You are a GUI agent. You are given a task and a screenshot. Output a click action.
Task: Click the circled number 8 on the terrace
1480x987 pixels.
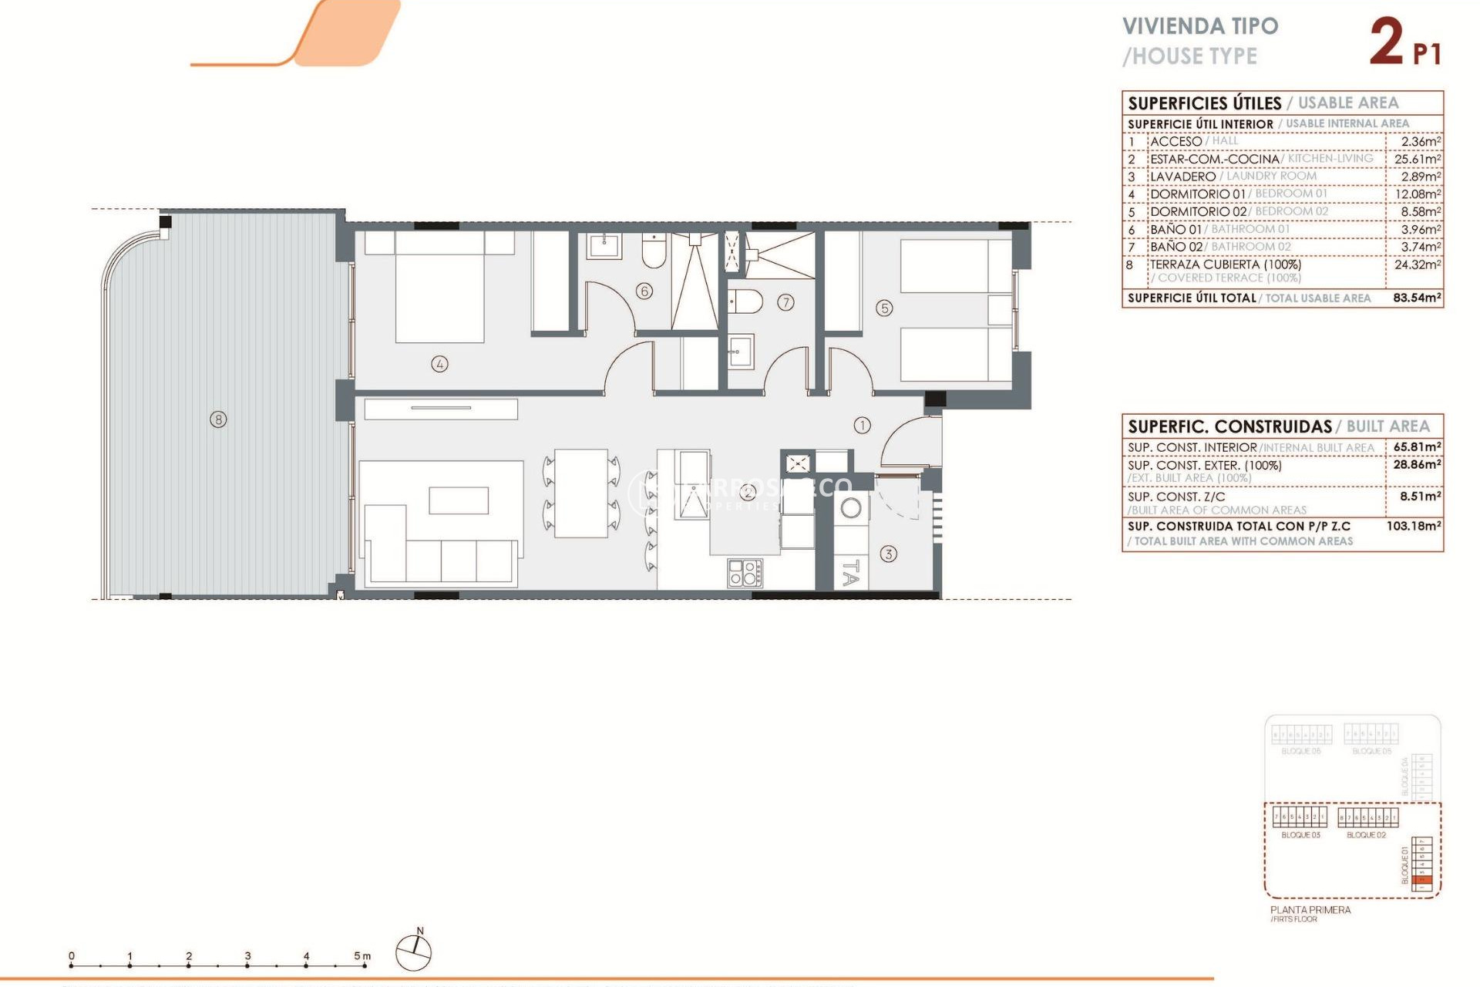219,419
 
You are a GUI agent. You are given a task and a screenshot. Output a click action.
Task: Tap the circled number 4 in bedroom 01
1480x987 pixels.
439,364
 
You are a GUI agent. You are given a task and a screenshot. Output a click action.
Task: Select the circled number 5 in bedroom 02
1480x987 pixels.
884,308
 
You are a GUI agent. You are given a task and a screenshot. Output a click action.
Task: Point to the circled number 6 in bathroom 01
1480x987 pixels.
644,291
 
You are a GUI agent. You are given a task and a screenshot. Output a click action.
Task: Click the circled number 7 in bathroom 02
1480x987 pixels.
785,302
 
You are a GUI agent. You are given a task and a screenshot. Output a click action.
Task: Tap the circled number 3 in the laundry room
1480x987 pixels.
889,554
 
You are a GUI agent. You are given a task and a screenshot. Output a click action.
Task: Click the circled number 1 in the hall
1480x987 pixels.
862,425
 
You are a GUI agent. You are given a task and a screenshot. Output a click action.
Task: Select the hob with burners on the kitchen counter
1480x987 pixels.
745,573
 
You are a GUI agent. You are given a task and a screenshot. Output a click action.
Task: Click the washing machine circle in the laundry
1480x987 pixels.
851,508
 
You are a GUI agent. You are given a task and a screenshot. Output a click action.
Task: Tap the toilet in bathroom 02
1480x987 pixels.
745,301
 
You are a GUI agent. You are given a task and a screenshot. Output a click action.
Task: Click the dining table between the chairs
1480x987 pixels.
581,493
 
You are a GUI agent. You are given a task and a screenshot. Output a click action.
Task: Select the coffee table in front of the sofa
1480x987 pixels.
459,500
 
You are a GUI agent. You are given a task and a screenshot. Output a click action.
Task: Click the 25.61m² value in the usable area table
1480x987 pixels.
1417,159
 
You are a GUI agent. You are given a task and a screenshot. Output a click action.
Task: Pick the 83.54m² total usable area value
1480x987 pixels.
1417,298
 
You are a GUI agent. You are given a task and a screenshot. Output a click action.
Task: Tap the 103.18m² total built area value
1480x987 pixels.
1414,526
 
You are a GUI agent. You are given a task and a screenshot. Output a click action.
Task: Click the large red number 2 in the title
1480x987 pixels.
1386,42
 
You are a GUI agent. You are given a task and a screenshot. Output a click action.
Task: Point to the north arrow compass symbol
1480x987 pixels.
413,952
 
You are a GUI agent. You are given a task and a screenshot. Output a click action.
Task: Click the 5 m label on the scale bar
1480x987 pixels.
362,956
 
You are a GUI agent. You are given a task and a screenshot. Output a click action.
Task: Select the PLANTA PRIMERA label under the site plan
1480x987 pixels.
1310,910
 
